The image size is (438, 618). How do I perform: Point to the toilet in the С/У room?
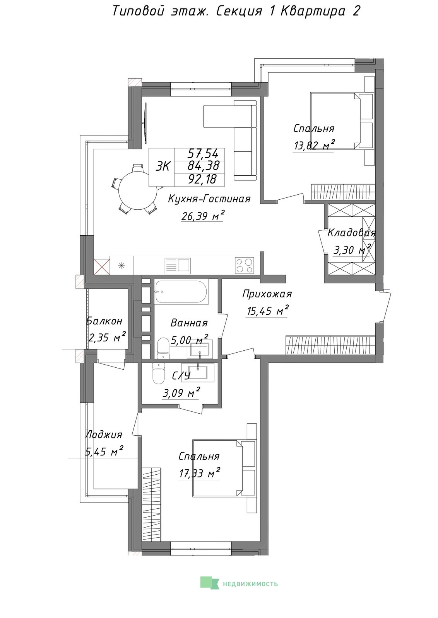click(x=158, y=374)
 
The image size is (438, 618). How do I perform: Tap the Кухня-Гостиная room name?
click(x=209, y=199)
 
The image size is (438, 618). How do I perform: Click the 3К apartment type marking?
click(x=163, y=167)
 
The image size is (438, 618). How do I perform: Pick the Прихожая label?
click(x=267, y=294)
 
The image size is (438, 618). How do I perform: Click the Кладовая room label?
click(x=352, y=233)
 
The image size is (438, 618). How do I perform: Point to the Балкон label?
click(x=104, y=321)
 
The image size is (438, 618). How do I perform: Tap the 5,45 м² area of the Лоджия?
click(x=104, y=452)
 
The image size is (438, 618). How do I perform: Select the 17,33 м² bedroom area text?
click(x=199, y=473)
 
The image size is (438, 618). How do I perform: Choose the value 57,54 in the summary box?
click(x=203, y=153)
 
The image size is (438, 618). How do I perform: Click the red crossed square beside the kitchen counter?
click(x=102, y=267)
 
